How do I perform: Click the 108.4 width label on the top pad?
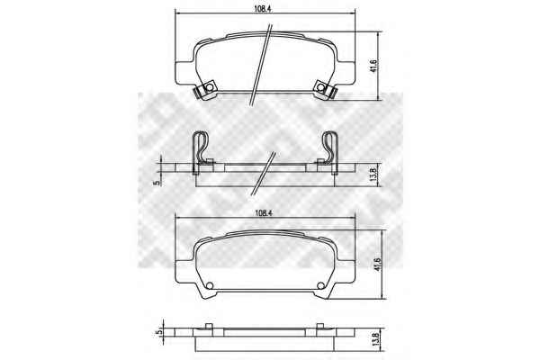pos(264,9)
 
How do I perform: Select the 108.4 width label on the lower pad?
pos(264,213)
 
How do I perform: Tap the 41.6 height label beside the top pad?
pos(375,66)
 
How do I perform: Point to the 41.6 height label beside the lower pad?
pos(379,265)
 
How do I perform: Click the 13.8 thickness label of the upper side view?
pos(376,174)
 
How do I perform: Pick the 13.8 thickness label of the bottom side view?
pos(375,340)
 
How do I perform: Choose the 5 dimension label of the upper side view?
pos(157,183)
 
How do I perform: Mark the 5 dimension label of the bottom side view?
pos(158,332)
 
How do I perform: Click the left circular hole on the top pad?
pos(209,87)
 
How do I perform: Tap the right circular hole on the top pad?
pos(321,87)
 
